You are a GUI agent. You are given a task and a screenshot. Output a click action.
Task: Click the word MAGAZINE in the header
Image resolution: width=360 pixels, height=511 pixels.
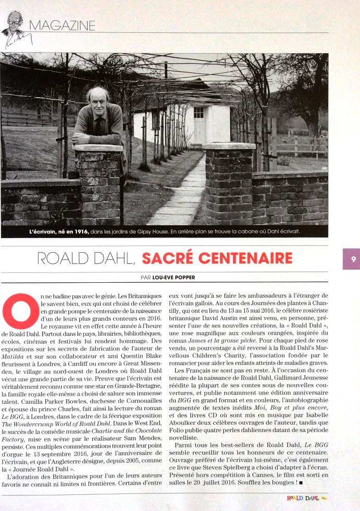[x=62, y=24]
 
